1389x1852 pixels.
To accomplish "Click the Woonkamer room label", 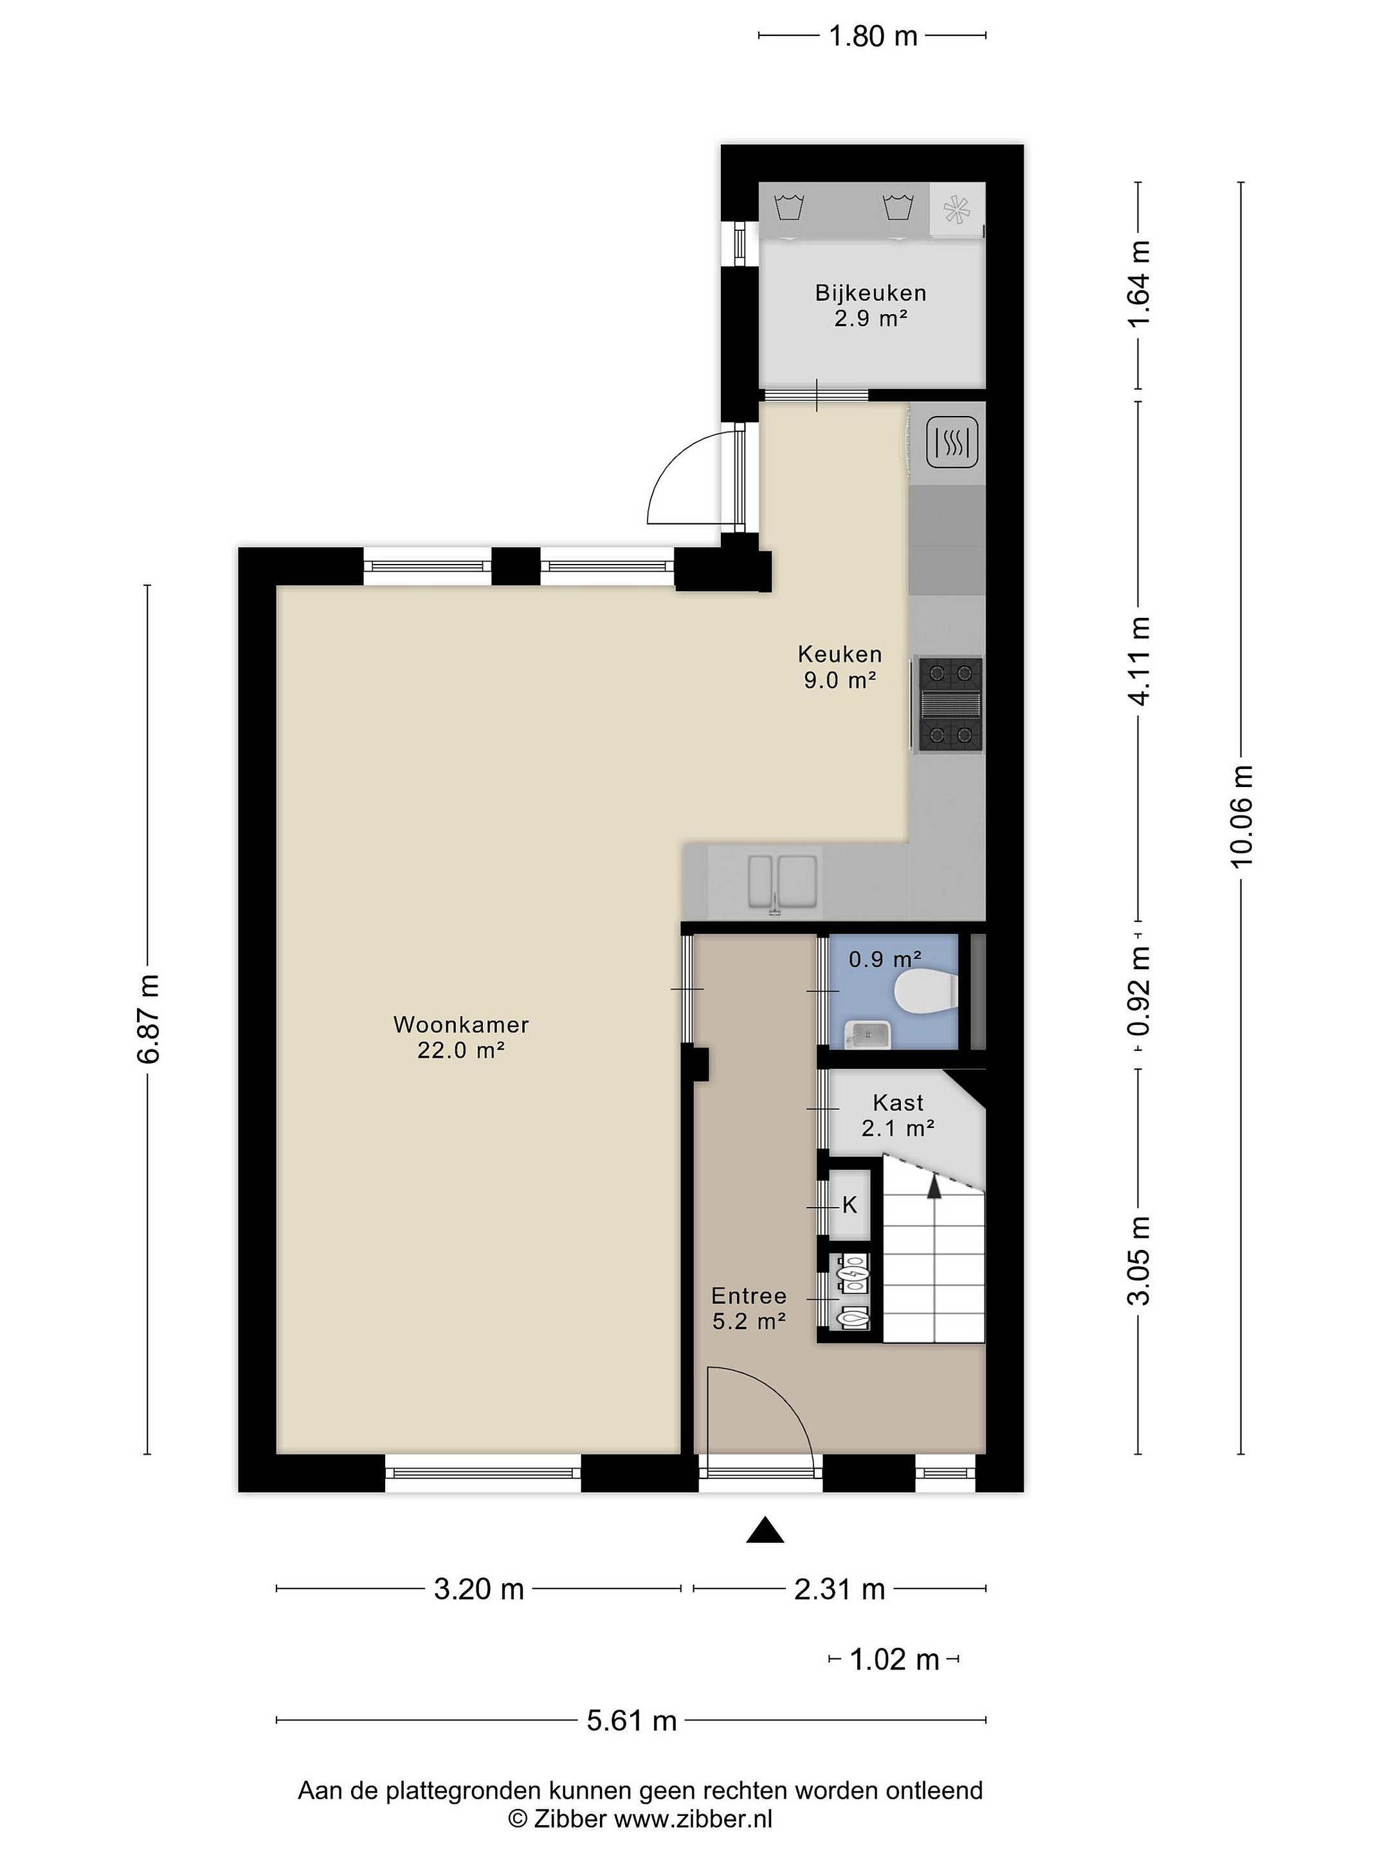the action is coord(460,1024).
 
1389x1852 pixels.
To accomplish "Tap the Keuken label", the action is coord(840,654).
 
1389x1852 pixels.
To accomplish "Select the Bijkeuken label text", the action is coord(871,293).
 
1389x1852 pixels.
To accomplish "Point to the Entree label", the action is coord(749,1296).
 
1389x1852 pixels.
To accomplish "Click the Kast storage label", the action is coord(898,1103).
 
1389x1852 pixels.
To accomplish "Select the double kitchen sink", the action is coord(782,882).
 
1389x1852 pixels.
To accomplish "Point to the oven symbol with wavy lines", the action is coord(952,441).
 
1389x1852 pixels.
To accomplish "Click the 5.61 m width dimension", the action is coord(631,1721).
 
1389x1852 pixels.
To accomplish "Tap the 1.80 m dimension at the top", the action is coord(873,36).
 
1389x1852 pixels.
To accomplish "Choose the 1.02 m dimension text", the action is coord(894,1658).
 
